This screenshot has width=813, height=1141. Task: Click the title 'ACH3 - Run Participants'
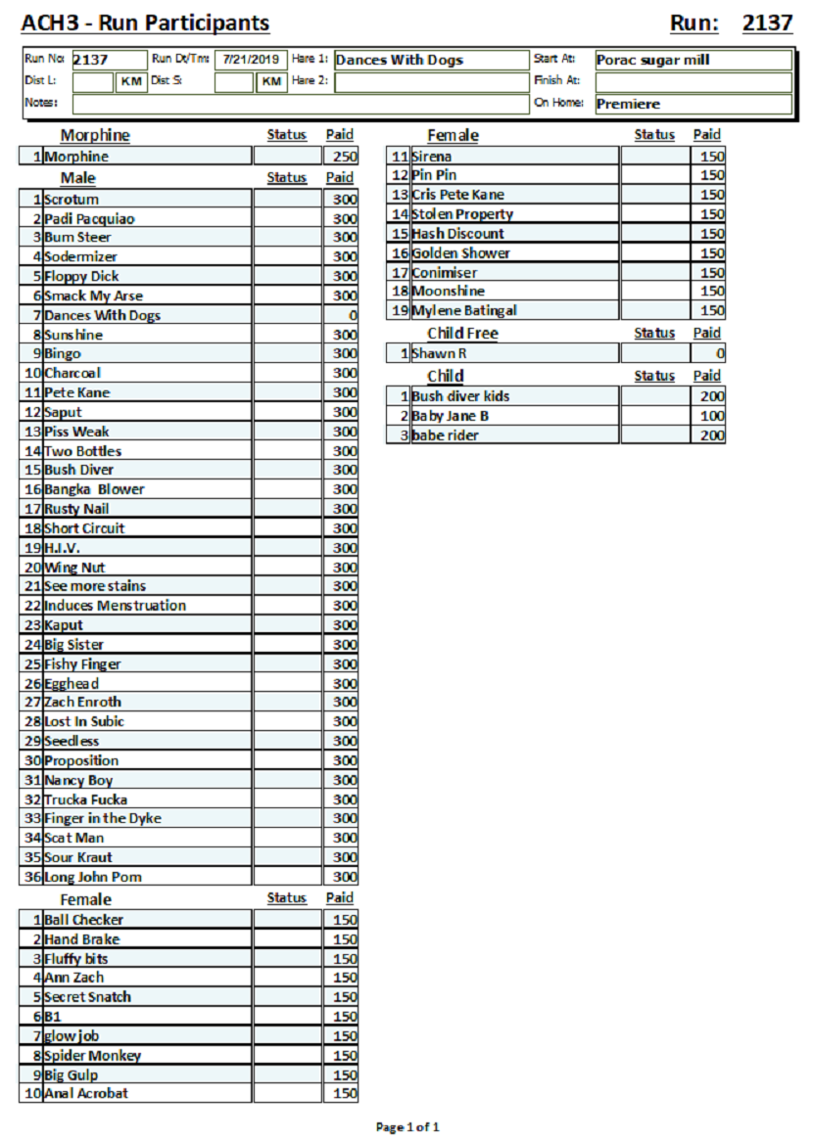point(145,23)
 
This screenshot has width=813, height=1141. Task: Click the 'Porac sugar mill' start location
point(652,60)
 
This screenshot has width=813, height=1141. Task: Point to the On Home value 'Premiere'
point(628,104)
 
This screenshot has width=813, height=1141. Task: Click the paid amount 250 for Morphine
point(344,157)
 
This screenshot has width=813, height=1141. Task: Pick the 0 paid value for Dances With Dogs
point(352,315)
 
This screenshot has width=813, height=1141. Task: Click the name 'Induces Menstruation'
point(115,606)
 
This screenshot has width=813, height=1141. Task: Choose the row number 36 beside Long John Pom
point(32,877)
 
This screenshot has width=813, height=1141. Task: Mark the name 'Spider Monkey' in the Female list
point(92,1056)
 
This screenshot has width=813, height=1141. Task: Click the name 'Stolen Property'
point(462,214)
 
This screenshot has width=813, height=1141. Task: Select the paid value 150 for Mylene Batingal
point(712,310)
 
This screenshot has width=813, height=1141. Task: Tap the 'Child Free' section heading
point(462,334)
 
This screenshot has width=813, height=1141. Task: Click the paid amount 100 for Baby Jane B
point(712,416)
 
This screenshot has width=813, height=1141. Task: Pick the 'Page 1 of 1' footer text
point(407,1127)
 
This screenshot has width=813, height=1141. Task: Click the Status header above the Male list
point(286,178)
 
